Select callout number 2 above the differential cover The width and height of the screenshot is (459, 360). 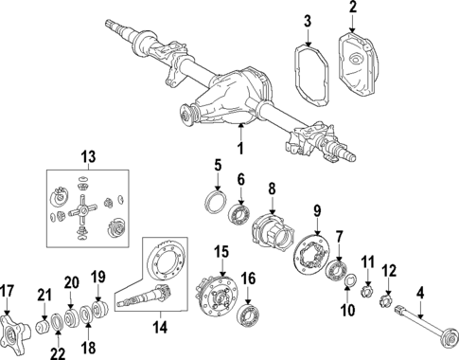click(x=354, y=9)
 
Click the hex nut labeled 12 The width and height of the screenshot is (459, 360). click(x=386, y=303)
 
